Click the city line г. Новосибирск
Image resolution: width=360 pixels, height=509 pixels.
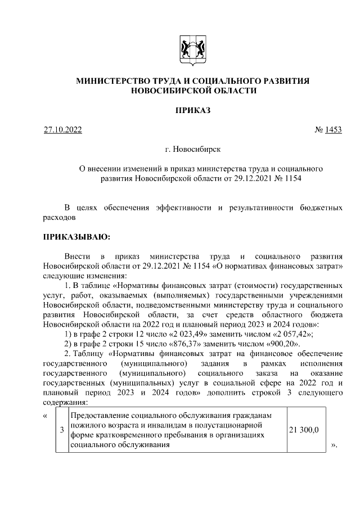point(193,150)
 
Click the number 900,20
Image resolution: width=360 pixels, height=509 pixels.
point(281,344)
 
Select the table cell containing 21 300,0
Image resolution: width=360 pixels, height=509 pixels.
point(303,430)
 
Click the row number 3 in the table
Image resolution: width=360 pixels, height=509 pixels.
point(61,430)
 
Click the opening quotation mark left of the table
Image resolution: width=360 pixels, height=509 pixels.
point(45,416)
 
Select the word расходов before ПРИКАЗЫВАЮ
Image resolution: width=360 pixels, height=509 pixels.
point(59,217)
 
